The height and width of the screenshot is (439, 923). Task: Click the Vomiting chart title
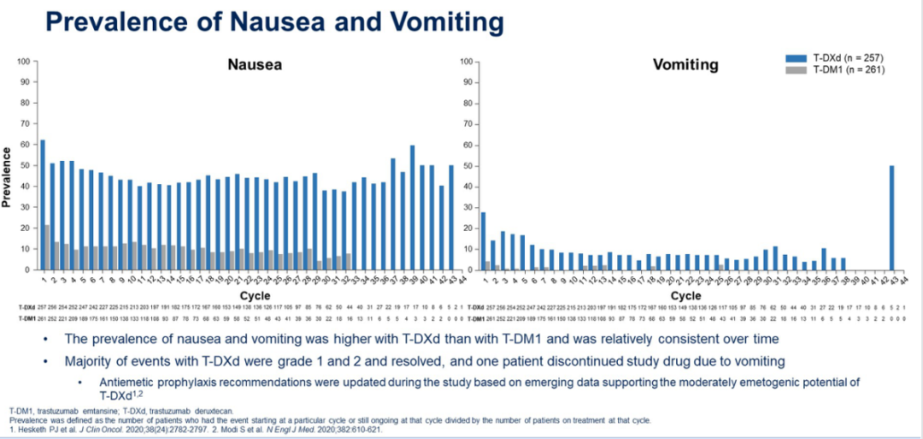[x=685, y=65]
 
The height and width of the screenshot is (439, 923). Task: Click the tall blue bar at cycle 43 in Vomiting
[x=891, y=217]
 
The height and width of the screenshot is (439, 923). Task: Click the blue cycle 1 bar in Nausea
[x=43, y=205]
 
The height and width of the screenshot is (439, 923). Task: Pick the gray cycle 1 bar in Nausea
[x=47, y=247]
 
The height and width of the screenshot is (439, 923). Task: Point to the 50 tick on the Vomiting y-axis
[x=467, y=165]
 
